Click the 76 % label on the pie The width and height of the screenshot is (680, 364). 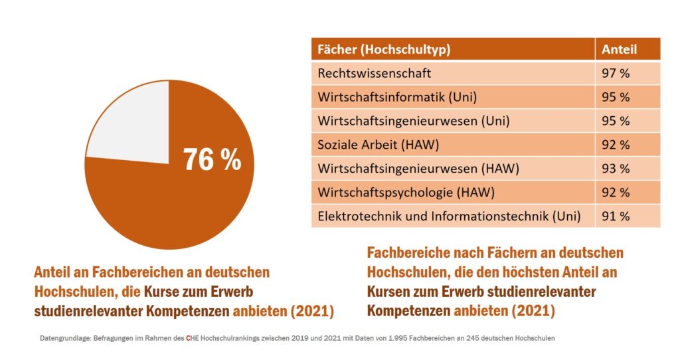pos(212,159)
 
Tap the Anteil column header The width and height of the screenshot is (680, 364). pos(619,49)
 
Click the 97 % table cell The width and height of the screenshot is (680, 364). pos(616,73)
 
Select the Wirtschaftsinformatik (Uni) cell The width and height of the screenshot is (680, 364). pos(397,97)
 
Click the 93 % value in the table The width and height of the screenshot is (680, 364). pos(616,169)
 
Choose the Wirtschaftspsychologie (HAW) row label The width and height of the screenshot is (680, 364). pos(406,192)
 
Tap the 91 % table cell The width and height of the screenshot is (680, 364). pos(616,216)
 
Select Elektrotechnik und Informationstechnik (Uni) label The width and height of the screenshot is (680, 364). pos(449,216)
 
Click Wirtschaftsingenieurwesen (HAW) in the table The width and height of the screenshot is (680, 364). pos(418,169)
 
